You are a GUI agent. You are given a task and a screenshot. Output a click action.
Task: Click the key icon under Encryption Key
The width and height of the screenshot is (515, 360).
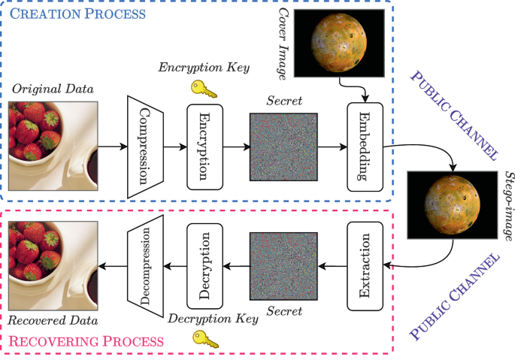[x=202, y=89]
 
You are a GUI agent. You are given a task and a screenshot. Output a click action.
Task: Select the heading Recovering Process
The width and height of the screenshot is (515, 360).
[x=86, y=341]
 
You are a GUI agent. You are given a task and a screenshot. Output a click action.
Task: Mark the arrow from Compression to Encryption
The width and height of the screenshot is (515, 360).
[x=174, y=147]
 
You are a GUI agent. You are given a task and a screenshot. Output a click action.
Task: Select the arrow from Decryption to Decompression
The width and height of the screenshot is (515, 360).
[x=174, y=264]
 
